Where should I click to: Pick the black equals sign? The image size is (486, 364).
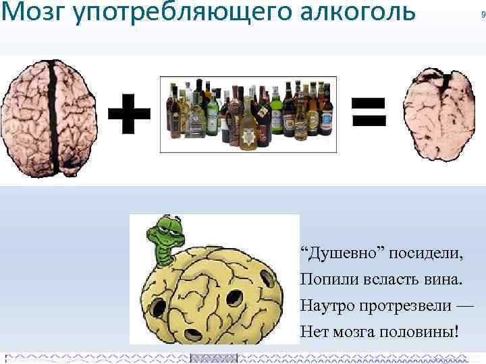point(369,113)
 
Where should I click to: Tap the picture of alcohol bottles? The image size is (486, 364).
point(248,113)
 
